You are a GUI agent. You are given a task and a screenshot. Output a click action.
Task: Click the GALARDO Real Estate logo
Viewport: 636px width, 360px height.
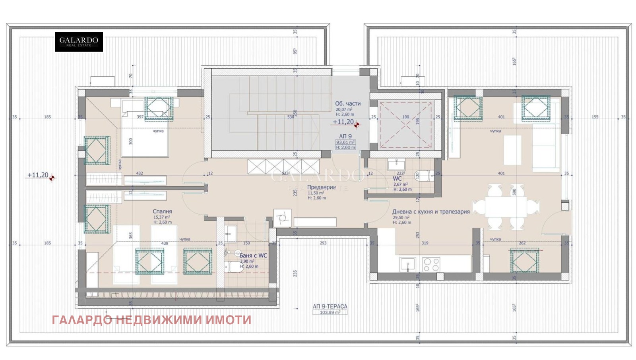point(79,41)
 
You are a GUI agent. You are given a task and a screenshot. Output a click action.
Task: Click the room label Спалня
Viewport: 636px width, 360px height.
point(162,211)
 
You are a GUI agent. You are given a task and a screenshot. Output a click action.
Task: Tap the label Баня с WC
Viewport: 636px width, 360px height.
point(253,255)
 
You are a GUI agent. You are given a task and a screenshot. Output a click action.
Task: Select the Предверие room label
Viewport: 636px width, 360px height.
point(321,187)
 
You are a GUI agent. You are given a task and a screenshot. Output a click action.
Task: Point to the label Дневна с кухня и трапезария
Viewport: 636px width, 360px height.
point(431,212)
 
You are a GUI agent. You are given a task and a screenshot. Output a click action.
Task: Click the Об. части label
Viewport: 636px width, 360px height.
point(348,103)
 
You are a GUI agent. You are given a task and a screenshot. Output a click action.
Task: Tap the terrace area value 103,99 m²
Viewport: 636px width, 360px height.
point(330,313)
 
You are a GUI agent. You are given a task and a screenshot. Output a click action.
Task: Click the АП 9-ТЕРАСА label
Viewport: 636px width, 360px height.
point(330,306)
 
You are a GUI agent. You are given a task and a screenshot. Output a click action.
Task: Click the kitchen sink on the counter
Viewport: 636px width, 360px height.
point(407,264)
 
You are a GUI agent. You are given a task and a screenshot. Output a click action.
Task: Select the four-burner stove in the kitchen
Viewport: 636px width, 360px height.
point(431,264)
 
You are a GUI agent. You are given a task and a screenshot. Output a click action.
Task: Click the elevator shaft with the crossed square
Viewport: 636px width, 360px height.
point(405,122)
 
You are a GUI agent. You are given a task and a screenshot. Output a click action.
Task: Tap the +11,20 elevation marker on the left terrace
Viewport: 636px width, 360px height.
point(38,175)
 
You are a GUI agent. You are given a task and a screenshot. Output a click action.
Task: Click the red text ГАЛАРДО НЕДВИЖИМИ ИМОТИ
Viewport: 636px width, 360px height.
point(151,320)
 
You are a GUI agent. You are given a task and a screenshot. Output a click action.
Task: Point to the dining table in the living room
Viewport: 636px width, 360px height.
point(506,207)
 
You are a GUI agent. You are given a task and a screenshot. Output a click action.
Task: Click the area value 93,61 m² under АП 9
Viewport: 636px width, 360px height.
point(345,142)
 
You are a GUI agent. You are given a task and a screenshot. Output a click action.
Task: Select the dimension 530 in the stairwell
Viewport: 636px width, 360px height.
point(291,117)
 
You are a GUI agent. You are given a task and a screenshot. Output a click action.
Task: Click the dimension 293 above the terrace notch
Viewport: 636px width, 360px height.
point(323,243)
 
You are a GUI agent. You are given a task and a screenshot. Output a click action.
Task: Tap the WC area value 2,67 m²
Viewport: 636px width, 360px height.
point(400,184)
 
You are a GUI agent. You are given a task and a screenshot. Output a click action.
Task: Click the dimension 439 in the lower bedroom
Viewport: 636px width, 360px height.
point(165,243)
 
